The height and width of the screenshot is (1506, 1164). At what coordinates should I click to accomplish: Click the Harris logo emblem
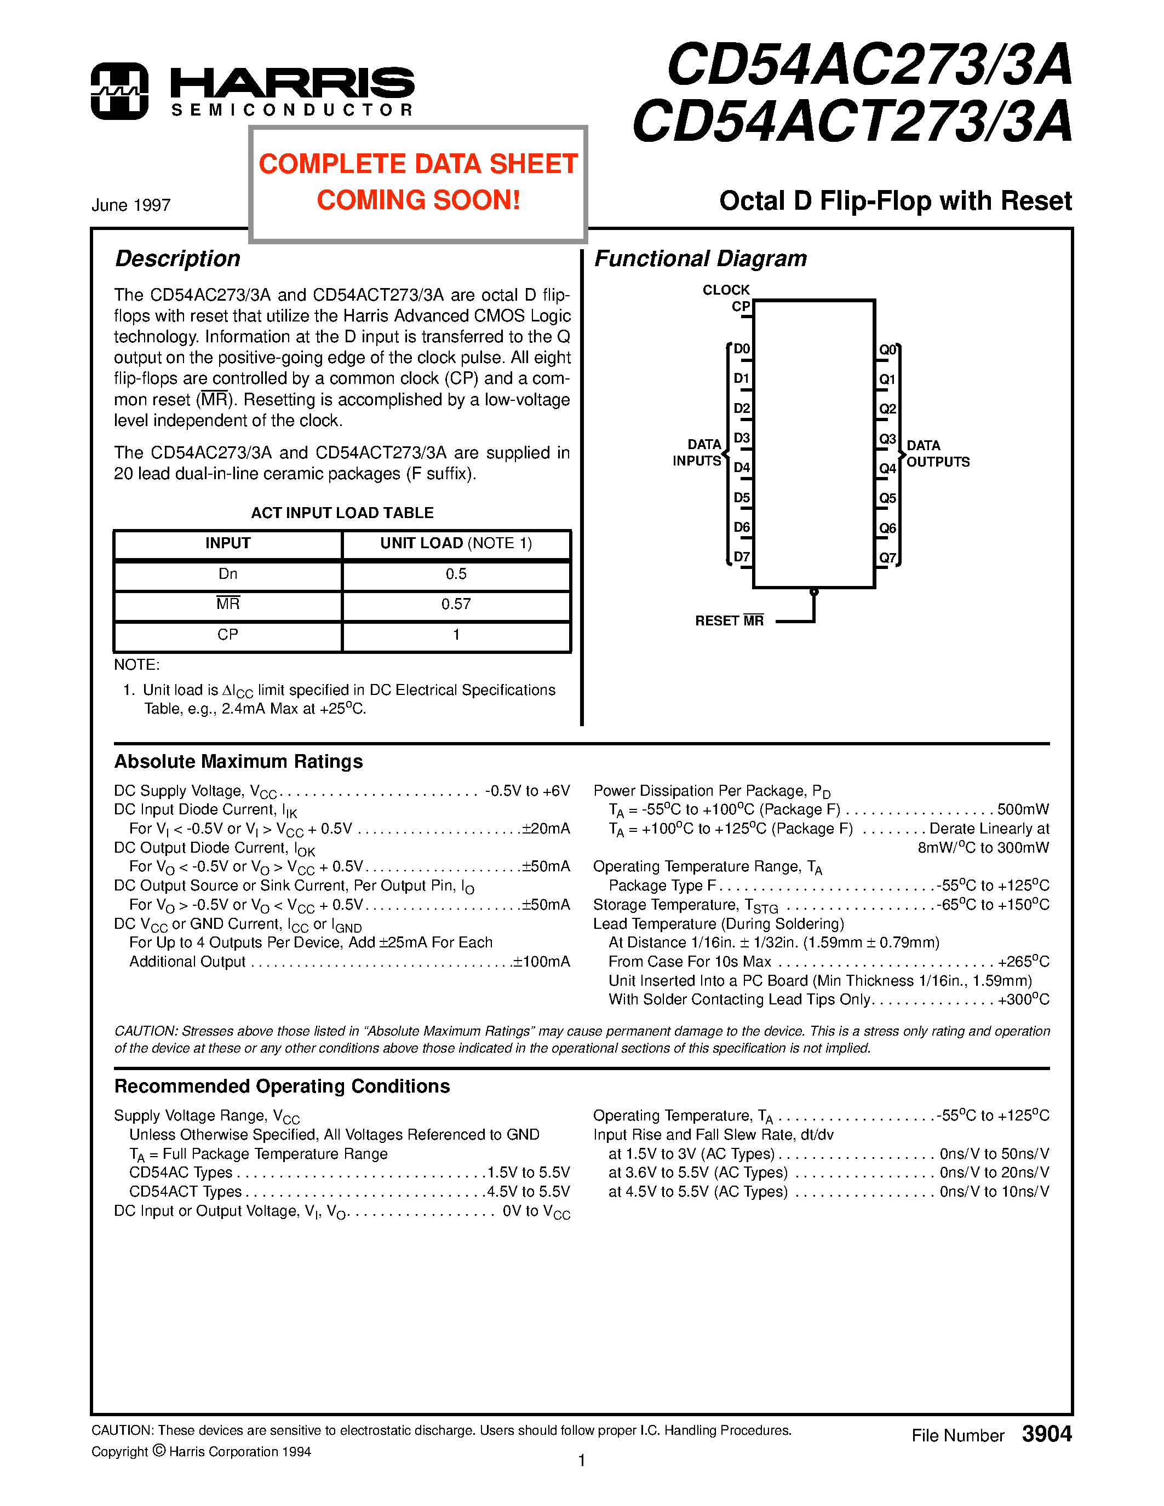119,91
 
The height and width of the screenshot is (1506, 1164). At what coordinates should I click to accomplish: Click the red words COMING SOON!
418,200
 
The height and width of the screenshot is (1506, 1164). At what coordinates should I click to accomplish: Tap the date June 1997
131,205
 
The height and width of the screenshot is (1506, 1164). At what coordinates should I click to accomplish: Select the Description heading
177,258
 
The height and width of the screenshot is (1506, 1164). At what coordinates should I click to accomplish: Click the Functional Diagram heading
700,258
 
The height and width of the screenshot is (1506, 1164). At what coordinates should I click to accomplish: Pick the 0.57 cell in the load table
456,604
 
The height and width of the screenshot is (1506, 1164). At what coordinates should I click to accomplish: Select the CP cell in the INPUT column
227,634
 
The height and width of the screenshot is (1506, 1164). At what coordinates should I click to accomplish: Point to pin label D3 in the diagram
741,438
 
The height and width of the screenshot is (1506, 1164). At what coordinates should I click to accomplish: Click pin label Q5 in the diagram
887,498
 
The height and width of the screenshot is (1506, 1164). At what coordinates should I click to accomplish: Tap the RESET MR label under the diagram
729,620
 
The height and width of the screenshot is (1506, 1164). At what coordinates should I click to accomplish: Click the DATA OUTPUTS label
937,454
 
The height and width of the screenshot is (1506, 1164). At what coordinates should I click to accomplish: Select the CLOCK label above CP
725,290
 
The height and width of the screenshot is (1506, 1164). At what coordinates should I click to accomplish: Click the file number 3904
1046,1434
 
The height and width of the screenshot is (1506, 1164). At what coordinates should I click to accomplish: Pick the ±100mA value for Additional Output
541,962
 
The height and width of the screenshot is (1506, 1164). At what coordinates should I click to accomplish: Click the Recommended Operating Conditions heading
282,1086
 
